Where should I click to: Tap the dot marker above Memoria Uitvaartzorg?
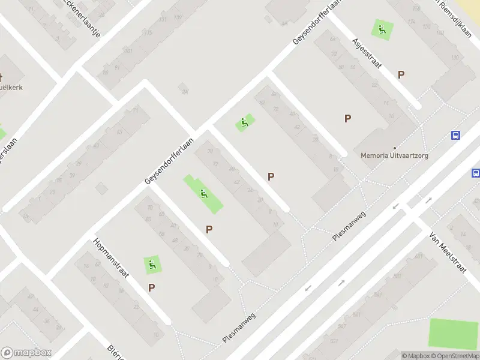395,148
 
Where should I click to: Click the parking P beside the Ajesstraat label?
401,75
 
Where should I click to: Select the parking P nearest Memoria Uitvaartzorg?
347,119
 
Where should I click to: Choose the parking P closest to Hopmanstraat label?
152,288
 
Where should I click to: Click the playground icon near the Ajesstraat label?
381,28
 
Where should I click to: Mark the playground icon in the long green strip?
204,193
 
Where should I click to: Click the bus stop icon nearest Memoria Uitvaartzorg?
456,135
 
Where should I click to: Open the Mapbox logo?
26,353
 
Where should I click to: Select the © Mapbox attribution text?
413,356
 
